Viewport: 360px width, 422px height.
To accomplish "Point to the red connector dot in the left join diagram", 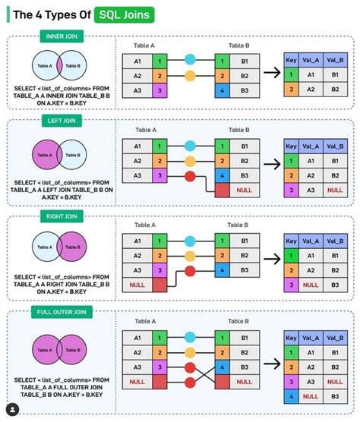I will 188,176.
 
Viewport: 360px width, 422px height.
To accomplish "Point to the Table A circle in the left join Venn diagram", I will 47,156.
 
